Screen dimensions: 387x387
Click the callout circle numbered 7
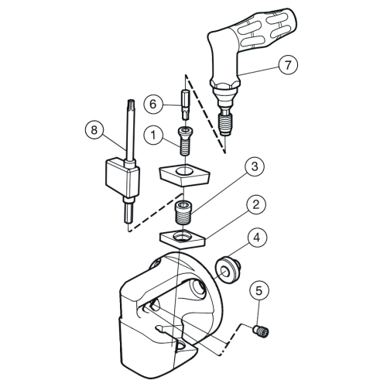288,64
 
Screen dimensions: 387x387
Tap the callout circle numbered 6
153,104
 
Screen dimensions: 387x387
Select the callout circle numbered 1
153,135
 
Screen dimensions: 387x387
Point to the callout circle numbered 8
94,129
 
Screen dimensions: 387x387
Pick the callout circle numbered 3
255,166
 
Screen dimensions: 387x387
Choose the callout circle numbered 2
255,205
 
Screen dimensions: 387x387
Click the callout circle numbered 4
257,238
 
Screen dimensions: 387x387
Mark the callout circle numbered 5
259,291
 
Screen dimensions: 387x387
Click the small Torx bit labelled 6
185,104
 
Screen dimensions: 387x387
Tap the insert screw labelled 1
183,142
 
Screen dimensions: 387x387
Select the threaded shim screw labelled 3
183,213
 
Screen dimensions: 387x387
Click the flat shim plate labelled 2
183,239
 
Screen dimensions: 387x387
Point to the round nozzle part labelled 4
228,270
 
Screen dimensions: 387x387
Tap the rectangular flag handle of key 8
122,178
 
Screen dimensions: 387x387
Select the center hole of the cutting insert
183,170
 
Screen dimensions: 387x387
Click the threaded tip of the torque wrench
226,125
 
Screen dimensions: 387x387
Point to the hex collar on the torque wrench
225,84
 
